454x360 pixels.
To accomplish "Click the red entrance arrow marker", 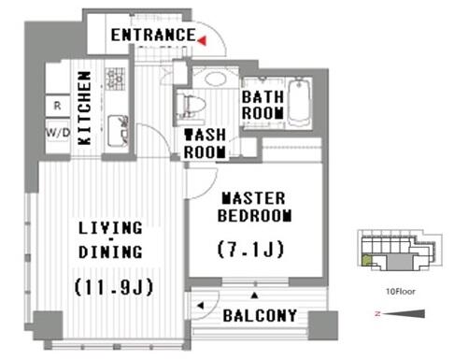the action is (203, 40).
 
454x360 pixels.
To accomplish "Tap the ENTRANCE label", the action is (153, 35).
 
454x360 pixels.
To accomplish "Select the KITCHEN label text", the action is (85, 108).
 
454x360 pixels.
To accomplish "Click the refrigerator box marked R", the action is (58, 106).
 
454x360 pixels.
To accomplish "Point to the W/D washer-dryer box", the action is (58, 133).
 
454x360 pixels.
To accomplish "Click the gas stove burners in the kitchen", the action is (115, 79).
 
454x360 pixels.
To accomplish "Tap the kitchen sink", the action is (118, 131).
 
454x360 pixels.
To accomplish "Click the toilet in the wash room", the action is (191, 105).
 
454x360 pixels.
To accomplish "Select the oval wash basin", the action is (216, 79).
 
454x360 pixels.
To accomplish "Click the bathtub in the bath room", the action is (299, 103).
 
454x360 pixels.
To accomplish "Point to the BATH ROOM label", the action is (262, 105).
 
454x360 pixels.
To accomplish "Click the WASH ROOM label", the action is (205, 144).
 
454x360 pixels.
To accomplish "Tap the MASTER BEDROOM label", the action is (254, 208).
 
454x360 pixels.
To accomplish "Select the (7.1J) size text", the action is (250, 250).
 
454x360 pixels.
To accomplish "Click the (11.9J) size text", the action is (114, 287).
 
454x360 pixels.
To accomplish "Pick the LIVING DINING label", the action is (110, 240).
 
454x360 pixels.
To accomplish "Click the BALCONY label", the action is (260, 316).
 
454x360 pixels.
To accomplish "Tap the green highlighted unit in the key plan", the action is (366, 260).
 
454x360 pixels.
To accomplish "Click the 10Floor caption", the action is (401, 292).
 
